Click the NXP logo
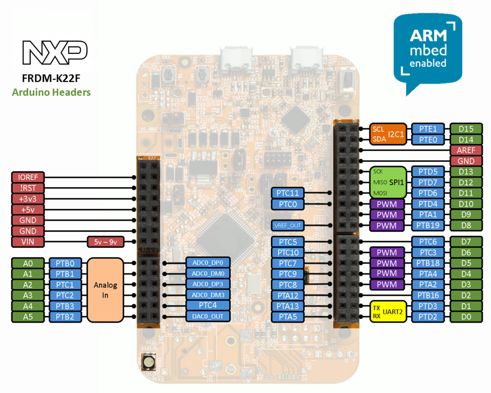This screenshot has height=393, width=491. click(54, 52)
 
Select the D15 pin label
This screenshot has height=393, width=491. click(466, 129)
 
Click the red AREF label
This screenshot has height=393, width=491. click(466, 150)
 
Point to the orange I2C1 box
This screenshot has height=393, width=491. click(388, 134)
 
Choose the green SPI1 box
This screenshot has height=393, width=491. click(388, 182)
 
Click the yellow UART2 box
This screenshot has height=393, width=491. click(388, 311)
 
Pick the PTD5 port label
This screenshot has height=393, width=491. click(428, 172)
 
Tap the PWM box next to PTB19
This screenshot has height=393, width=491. click(387, 226)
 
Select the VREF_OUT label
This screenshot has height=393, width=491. click(287, 226)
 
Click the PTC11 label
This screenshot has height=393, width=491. click(287, 193)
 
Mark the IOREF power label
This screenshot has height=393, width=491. click(27, 177)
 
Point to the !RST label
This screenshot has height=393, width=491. click(27, 188)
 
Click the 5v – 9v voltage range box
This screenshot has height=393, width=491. click(106, 242)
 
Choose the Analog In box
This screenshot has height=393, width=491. click(105, 290)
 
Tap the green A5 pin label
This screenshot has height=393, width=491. click(27, 316)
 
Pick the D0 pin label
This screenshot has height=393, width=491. click(466, 316)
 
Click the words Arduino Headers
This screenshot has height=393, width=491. click(51, 92)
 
